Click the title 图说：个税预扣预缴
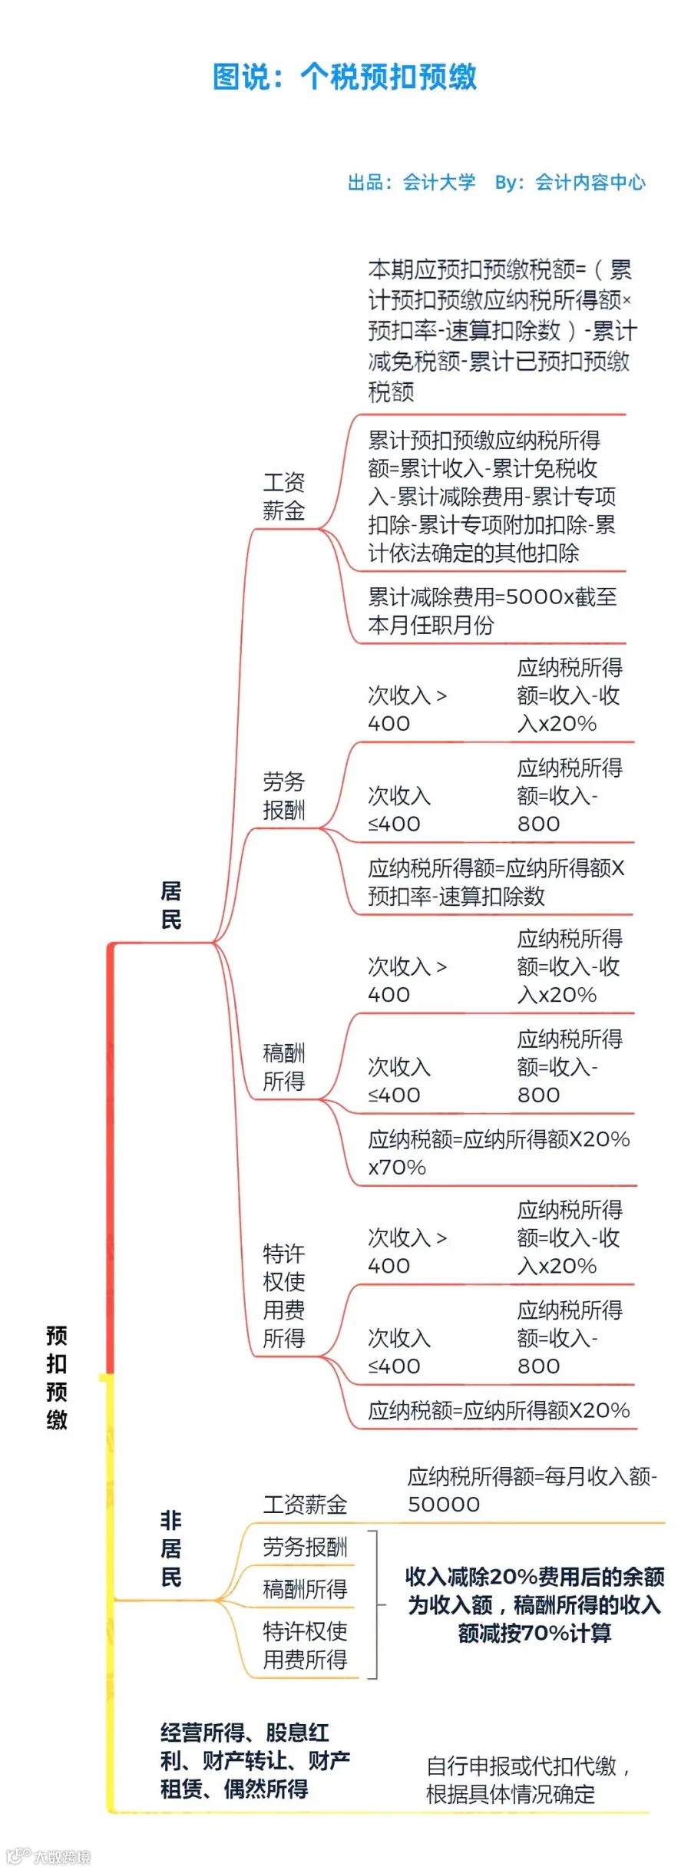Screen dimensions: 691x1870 (x=345, y=78)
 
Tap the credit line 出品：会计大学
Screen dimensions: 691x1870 (x=412, y=183)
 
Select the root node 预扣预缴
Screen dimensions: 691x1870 (x=57, y=1377)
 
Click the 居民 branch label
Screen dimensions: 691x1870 (x=170, y=905)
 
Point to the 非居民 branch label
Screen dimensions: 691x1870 (x=170, y=1548)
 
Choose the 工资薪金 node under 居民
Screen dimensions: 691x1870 (x=284, y=497)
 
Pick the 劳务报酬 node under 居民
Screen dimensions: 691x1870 (x=284, y=796)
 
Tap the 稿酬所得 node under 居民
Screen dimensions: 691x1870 (x=284, y=1067)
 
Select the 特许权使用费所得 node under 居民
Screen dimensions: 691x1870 (x=284, y=1296)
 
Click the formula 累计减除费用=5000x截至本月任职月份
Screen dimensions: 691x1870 (x=492, y=611)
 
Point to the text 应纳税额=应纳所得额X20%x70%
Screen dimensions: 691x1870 (x=498, y=1153)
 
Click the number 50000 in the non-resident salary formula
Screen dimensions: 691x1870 (x=444, y=1504)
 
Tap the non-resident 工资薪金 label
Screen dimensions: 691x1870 (x=305, y=1504)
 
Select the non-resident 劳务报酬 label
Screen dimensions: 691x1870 (x=305, y=1547)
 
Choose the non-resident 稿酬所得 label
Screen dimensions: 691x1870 (x=305, y=1588)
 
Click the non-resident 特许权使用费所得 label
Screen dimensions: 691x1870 (x=305, y=1644)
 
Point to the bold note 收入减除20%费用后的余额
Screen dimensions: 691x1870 (x=535, y=1577)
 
